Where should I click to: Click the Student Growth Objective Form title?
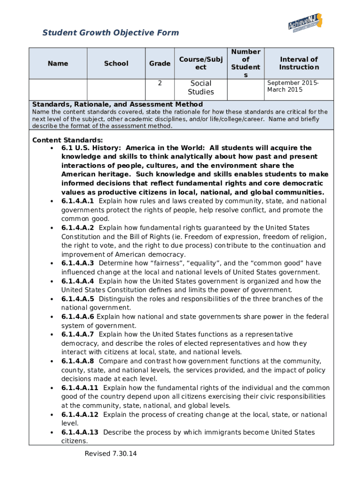[x=111, y=33]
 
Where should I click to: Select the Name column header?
[x=58, y=64]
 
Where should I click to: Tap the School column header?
[x=116, y=64]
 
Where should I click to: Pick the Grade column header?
[x=160, y=64]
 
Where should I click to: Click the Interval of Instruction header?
[x=299, y=64]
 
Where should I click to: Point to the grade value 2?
[x=160, y=83]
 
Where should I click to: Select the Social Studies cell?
[x=201, y=88]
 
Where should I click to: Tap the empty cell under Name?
[x=58, y=89]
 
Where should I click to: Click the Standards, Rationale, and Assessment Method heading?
[x=117, y=104]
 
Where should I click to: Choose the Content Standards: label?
[x=67, y=140]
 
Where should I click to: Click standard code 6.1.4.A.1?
[x=78, y=201]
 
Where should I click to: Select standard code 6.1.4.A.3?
[x=78, y=263]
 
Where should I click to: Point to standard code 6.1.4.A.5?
[x=78, y=299]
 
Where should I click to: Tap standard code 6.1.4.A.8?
[x=78, y=361]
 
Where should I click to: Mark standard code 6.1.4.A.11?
[x=80, y=388]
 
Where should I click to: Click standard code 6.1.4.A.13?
[x=80, y=432]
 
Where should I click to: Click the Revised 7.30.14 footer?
[x=111, y=454]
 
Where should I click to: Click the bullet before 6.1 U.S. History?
[x=50, y=148]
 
